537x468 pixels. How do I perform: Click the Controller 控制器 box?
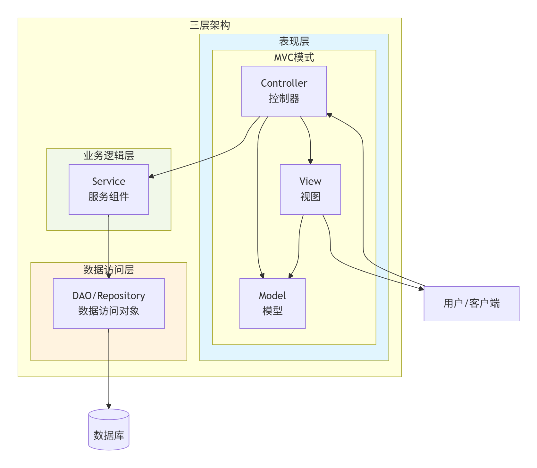(284, 91)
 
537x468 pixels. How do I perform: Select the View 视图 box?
(310, 189)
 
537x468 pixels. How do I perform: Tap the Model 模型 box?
(272, 303)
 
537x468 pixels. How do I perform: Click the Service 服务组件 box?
(109, 189)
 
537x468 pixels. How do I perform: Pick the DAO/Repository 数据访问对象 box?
(109, 303)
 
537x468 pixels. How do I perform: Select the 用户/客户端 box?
(471, 303)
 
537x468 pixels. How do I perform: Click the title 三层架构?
(210, 25)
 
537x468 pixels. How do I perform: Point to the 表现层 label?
(294, 41)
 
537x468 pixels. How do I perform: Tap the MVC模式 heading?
(294, 57)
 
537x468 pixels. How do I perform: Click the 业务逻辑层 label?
(109, 155)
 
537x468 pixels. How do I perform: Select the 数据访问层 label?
(109, 270)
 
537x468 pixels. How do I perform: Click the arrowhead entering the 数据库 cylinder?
(109, 406)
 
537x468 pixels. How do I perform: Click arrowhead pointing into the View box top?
(310, 161)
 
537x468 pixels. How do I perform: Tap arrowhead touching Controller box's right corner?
(329, 115)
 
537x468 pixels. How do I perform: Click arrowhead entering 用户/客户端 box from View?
(421, 289)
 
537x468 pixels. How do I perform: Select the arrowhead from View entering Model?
(290, 276)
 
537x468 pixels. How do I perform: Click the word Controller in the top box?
(284, 83)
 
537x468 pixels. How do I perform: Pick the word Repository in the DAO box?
(121, 296)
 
